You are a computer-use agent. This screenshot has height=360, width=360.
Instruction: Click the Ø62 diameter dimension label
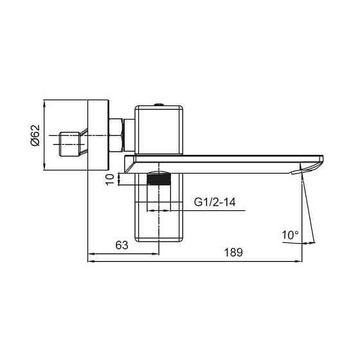[x=36, y=135]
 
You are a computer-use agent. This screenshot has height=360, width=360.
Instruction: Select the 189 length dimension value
[x=233, y=253]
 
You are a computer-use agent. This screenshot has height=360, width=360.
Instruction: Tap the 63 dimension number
[x=123, y=246]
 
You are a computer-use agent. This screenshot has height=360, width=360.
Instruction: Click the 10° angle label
[x=290, y=235]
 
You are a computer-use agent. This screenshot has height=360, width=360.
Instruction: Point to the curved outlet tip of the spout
[x=309, y=168]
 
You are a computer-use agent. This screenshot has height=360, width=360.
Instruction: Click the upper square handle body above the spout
[x=159, y=129]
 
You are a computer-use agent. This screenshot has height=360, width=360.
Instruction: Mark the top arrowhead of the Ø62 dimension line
[x=44, y=103]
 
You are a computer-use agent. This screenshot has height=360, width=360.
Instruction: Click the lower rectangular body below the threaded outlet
[x=159, y=219]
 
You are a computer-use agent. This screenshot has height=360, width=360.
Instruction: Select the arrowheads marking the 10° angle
[x=312, y=243]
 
